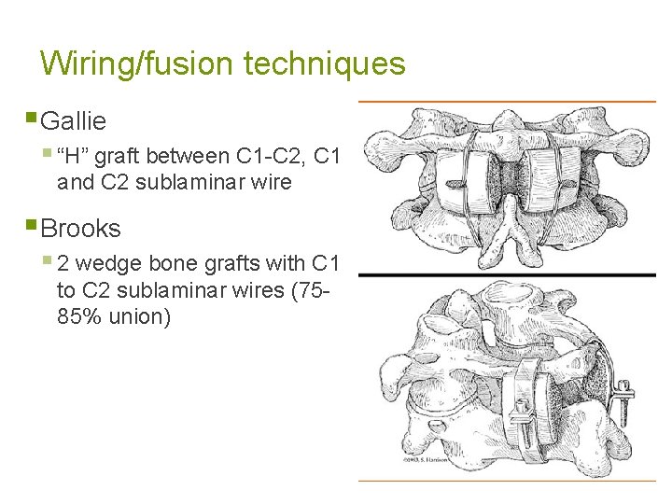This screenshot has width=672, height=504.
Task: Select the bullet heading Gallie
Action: pyautogui.click(x=75, y=120)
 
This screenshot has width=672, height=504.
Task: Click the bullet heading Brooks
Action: pyautogui.click(x=81, y=228)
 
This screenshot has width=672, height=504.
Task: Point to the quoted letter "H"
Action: pyautogui.click(x=75, y=156)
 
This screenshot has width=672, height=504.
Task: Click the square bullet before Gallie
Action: pyautogui.click(x=33, y=119)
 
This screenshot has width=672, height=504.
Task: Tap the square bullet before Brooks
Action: pyautogui.click(x=33, y=227)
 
